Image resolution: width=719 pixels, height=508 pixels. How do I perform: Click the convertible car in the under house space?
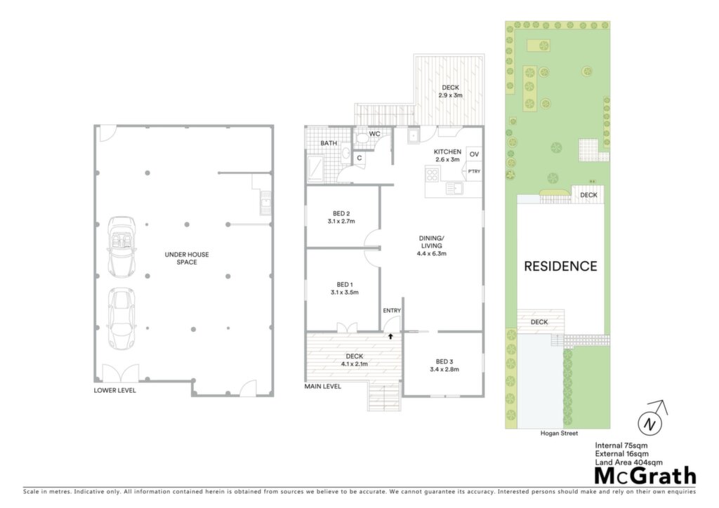pyautogui.click(x=121, y=247)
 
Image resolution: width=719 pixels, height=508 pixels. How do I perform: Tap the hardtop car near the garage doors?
pyautogui.click(x=121, y=319)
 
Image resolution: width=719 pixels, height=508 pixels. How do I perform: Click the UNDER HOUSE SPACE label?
pyautogui.click(x=187, y=258)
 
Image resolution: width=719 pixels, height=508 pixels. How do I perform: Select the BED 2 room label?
pyautogui.click(x=341, y=213)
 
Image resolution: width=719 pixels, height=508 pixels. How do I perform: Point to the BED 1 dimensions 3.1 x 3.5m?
pyautogui.click(x=344, y=293)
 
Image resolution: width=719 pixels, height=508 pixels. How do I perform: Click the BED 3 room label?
pyautogui.click(x=444, y=361)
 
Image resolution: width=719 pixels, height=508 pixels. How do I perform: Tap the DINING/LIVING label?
pyautogui.click(x=432, y=242)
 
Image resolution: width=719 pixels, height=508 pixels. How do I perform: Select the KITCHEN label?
pyautogui.click(x=447, y=152)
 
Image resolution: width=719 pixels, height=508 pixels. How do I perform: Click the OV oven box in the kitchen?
pyautogui.click(x=474, y=154)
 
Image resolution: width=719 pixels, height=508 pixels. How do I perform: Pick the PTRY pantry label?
pyautogui.click(x=474, y=171)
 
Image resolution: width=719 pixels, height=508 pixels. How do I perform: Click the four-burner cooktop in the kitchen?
pyautogui.click(x=432, y=175)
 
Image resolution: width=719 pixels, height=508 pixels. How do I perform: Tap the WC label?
pyautogui.click(x=375, y=134)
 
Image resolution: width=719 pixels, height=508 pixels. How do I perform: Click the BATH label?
pyautogui.click(x=329, y=143)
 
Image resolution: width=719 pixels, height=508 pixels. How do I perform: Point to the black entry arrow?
pyautogui.click(x=390, y=336)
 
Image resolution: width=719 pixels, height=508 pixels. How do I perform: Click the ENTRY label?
pyautogui.click(x=392, y=311)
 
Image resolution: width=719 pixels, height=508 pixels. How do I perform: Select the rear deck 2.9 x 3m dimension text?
pyautogui.click(x=450, y=95)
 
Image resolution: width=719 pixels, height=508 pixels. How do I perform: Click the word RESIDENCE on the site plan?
pyautogui.click(x=560, y=266)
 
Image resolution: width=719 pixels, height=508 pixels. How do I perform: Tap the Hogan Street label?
pyautogui.click(x=559, y=434)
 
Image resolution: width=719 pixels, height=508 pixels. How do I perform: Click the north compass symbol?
pyautogui.click(x=651, y=419)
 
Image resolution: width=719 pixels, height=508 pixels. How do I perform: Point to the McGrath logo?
pyautogui.click(x=645, y=476)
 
